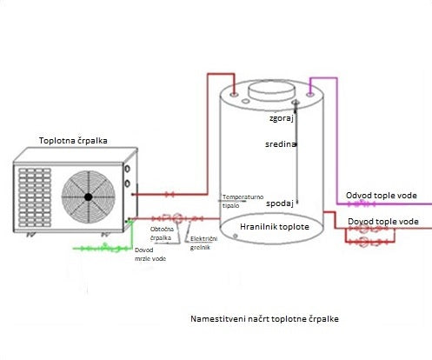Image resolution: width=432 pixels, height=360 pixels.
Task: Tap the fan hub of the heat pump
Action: [88, 196]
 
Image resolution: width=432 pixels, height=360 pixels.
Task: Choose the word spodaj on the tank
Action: [278, 205]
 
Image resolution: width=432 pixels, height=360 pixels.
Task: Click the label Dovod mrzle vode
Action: [150, 253]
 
